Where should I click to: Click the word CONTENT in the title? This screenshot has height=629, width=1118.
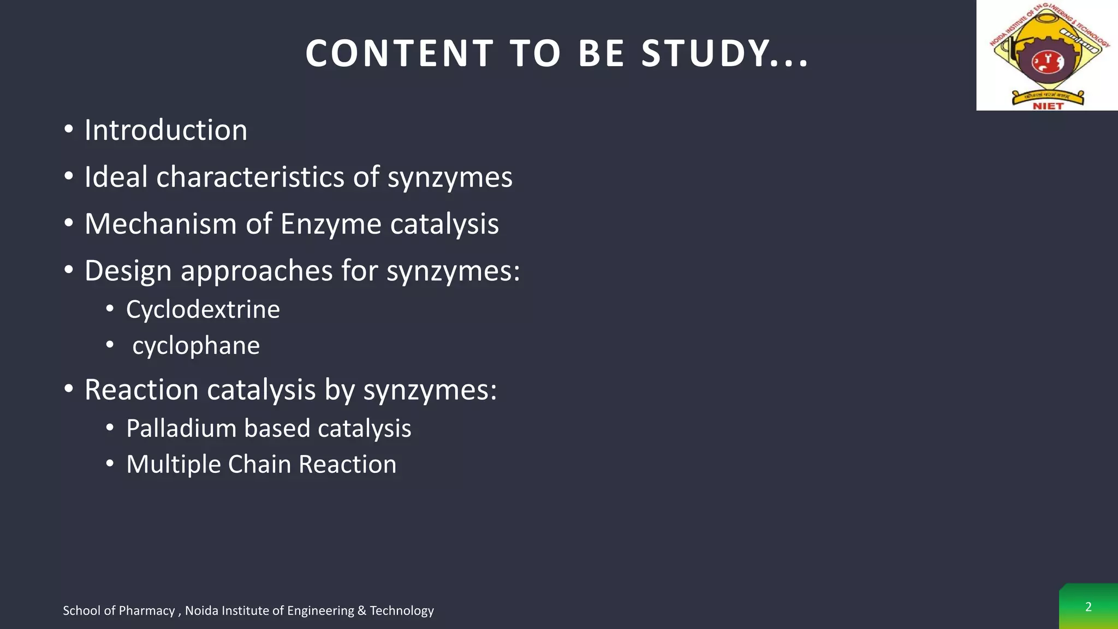pyautogui.click(x=400, y=54)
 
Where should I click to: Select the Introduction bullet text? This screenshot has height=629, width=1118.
pyautogui.click(x=165, y=130)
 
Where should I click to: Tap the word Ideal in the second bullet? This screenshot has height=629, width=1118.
pyautogui.click(x=116, y=177)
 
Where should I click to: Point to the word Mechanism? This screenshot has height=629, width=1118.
pyautogui.click(x=160, y=224)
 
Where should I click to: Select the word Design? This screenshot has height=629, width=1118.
pyautogui.click(x=128, y=271)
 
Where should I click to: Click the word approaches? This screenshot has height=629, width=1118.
pyautogui.click(x=257, y=271)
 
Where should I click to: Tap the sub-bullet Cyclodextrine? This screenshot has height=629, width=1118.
pyautogui.click(x=203, y=310)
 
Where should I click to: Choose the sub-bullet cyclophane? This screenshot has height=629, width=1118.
pyautogui.click(x=196, y=346)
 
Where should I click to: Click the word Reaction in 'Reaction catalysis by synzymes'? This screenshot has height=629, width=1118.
pyautogui.click(x=141, y=390)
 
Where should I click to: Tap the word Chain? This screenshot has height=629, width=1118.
pyautogui.click(x=259, y=464)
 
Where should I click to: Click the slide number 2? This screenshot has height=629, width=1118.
pyautogui.click(x=1088, y=607)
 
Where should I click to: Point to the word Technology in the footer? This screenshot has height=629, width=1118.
pyautogui.click(x=401, y=610)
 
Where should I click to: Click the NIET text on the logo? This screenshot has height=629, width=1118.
pyautogui.click(x=1048, y=106)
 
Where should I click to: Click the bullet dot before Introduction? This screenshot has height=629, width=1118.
pyautogui.click(x=68, y=130)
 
